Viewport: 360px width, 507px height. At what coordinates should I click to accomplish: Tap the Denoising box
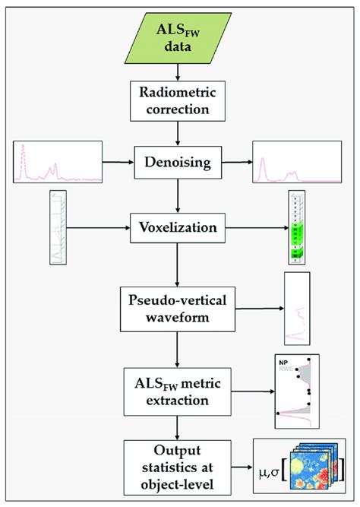[178, 162]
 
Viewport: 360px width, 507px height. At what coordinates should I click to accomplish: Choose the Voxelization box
[178, 227]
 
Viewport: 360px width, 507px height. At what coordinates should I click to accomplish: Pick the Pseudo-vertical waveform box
[178, 307]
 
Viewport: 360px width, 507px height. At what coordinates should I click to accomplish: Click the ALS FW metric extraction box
[178, 386]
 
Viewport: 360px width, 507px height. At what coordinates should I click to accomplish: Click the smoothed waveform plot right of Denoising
[296, 161]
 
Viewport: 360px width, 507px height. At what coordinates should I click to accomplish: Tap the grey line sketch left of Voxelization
[58, 227]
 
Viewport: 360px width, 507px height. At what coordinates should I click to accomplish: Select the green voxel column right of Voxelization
[296, 227]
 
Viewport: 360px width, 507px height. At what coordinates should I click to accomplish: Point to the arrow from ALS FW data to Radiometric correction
[178, 71]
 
